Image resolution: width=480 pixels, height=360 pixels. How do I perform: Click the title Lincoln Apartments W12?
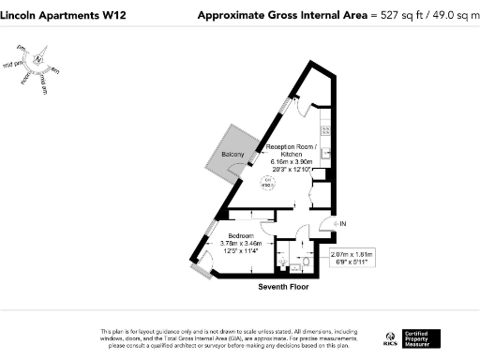pyautogui.click(x=58, y=16)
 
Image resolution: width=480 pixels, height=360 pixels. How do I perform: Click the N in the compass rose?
pyautogui.click(x=38, y=59)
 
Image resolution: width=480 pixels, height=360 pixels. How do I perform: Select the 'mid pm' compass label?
pyautogui.click(x=14, y=65)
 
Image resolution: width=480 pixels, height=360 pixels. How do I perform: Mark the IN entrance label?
pyautogui.click(x=343, y=224)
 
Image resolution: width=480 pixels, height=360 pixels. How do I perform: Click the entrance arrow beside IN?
pyautogui.click(x=325, y=224)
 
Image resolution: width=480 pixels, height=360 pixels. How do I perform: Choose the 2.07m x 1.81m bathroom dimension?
pyautogui.click(x=352, y=254)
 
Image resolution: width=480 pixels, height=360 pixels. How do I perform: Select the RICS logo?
pyautogui.click(x=391, y=338)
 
